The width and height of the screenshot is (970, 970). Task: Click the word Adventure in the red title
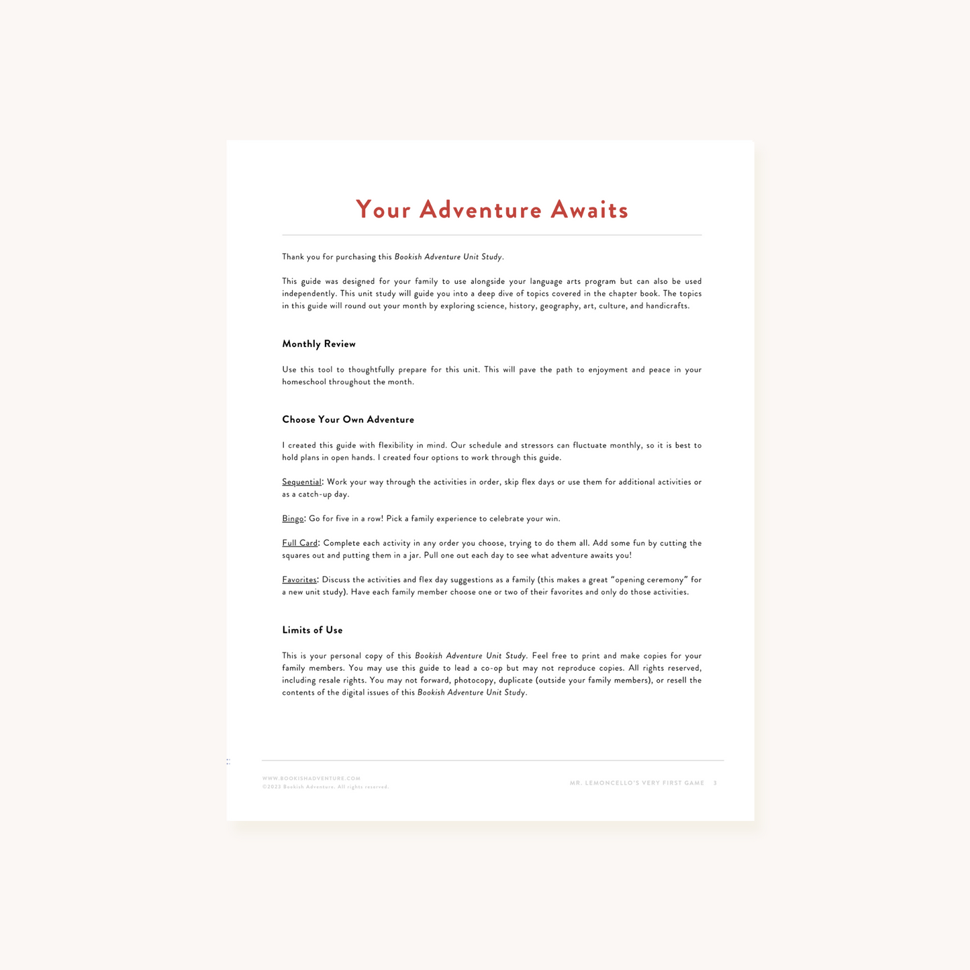[x=480, y=210]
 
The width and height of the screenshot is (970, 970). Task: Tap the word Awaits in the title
[x=589, y=210]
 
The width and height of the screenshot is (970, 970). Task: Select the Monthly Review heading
[x=319, y=344]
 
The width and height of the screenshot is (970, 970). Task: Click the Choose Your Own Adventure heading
[x=348, y=420]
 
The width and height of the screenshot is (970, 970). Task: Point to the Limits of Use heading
[x=312, y=630]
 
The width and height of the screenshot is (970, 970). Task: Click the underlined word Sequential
[x=301, y=482]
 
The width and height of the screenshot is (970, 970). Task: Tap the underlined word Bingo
[x=293, y=519]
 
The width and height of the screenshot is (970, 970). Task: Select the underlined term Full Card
[x=299, y=543]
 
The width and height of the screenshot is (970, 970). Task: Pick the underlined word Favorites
[x=299, y=580]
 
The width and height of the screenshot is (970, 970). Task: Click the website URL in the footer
[x=311, y=779]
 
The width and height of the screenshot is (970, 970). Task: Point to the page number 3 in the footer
[x=715, y=783]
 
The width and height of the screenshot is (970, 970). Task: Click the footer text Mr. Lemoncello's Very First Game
[x=636, y=783]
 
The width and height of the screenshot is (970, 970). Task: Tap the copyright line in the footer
[x=326, y=787]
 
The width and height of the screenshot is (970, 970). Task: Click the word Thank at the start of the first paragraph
[x=293, y=257]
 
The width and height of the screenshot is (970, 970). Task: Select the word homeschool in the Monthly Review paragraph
[x=303, y=382]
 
